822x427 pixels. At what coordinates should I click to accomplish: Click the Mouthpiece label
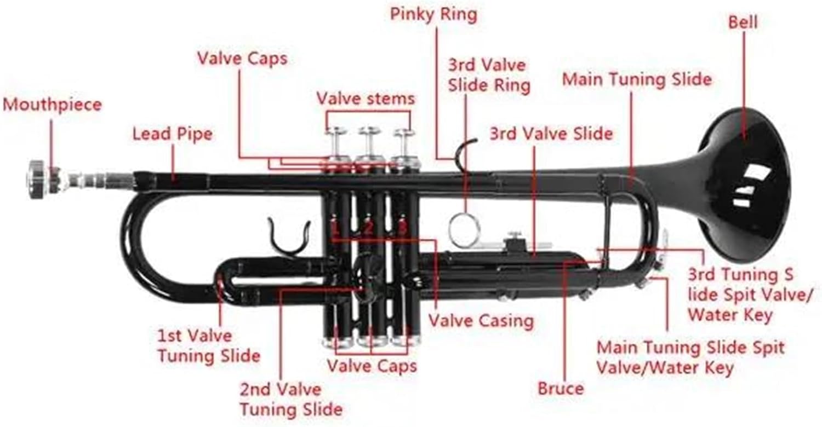click(52, 105)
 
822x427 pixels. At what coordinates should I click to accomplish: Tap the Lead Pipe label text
click(172, 134)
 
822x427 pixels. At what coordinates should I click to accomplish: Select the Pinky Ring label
click(433, 15)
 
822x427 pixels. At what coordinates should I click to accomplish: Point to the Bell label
click(743, 22)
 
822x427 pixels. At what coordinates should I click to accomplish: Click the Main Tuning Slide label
click(637, 80)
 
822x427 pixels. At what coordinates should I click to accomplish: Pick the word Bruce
click(561, 389)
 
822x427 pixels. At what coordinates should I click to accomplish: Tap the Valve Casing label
click(481, 320)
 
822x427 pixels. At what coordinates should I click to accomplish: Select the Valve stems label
click(366, 99)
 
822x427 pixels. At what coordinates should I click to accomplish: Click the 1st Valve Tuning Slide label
click(208, 345)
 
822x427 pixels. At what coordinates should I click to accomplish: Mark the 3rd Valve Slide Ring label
click(489, 76)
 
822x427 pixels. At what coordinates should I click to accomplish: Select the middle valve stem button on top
click(369, 131)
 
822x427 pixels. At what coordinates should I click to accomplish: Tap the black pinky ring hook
click(465, 151)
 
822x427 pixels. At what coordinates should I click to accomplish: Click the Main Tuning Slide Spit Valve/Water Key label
click(690, 357)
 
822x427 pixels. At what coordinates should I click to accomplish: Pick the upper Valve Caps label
click(242, 59)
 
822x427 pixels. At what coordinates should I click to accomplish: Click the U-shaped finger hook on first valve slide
click(289, 236)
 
